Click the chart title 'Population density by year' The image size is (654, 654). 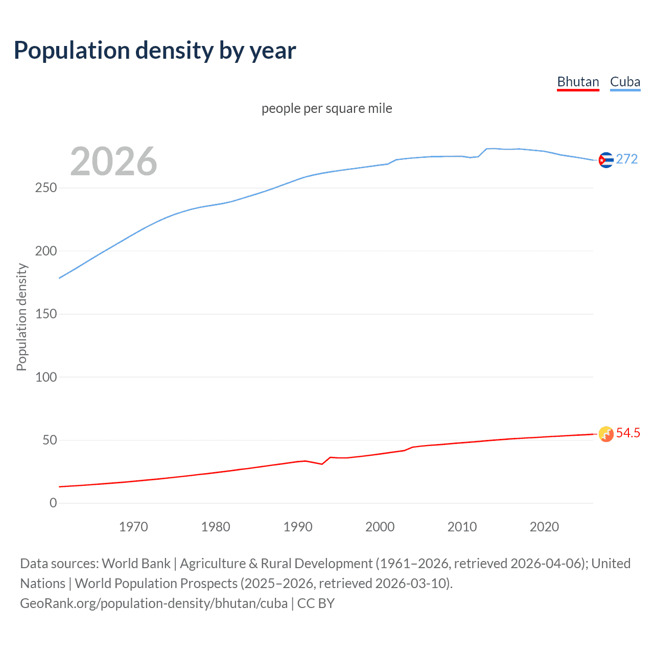click(155, 51)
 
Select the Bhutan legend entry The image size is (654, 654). click(578, 82)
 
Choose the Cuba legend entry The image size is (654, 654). click(625, 82)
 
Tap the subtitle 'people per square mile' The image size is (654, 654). click(327, 108)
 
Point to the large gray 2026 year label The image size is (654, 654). click(113, 161)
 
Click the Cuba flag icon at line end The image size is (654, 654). click(606, 160)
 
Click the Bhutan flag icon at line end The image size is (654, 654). click(606, 434)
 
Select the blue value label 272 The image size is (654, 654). click(627, 159)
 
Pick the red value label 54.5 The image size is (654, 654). click(628, 433)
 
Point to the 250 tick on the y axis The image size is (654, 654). click(46, 188)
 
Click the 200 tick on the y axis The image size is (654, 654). click(46, 251)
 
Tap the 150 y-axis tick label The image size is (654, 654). click(46, 314)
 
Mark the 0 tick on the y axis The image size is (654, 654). click(53, 503)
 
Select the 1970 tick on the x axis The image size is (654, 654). click(133, 527)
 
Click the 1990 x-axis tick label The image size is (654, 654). click(298, 527)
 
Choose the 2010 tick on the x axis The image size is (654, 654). click(462, 527)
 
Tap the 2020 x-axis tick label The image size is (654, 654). click(544, 527)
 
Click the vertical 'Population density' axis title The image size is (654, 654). click(21, 317)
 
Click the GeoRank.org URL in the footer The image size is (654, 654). click(154, 603)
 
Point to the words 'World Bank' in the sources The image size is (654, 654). click(136, 564)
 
